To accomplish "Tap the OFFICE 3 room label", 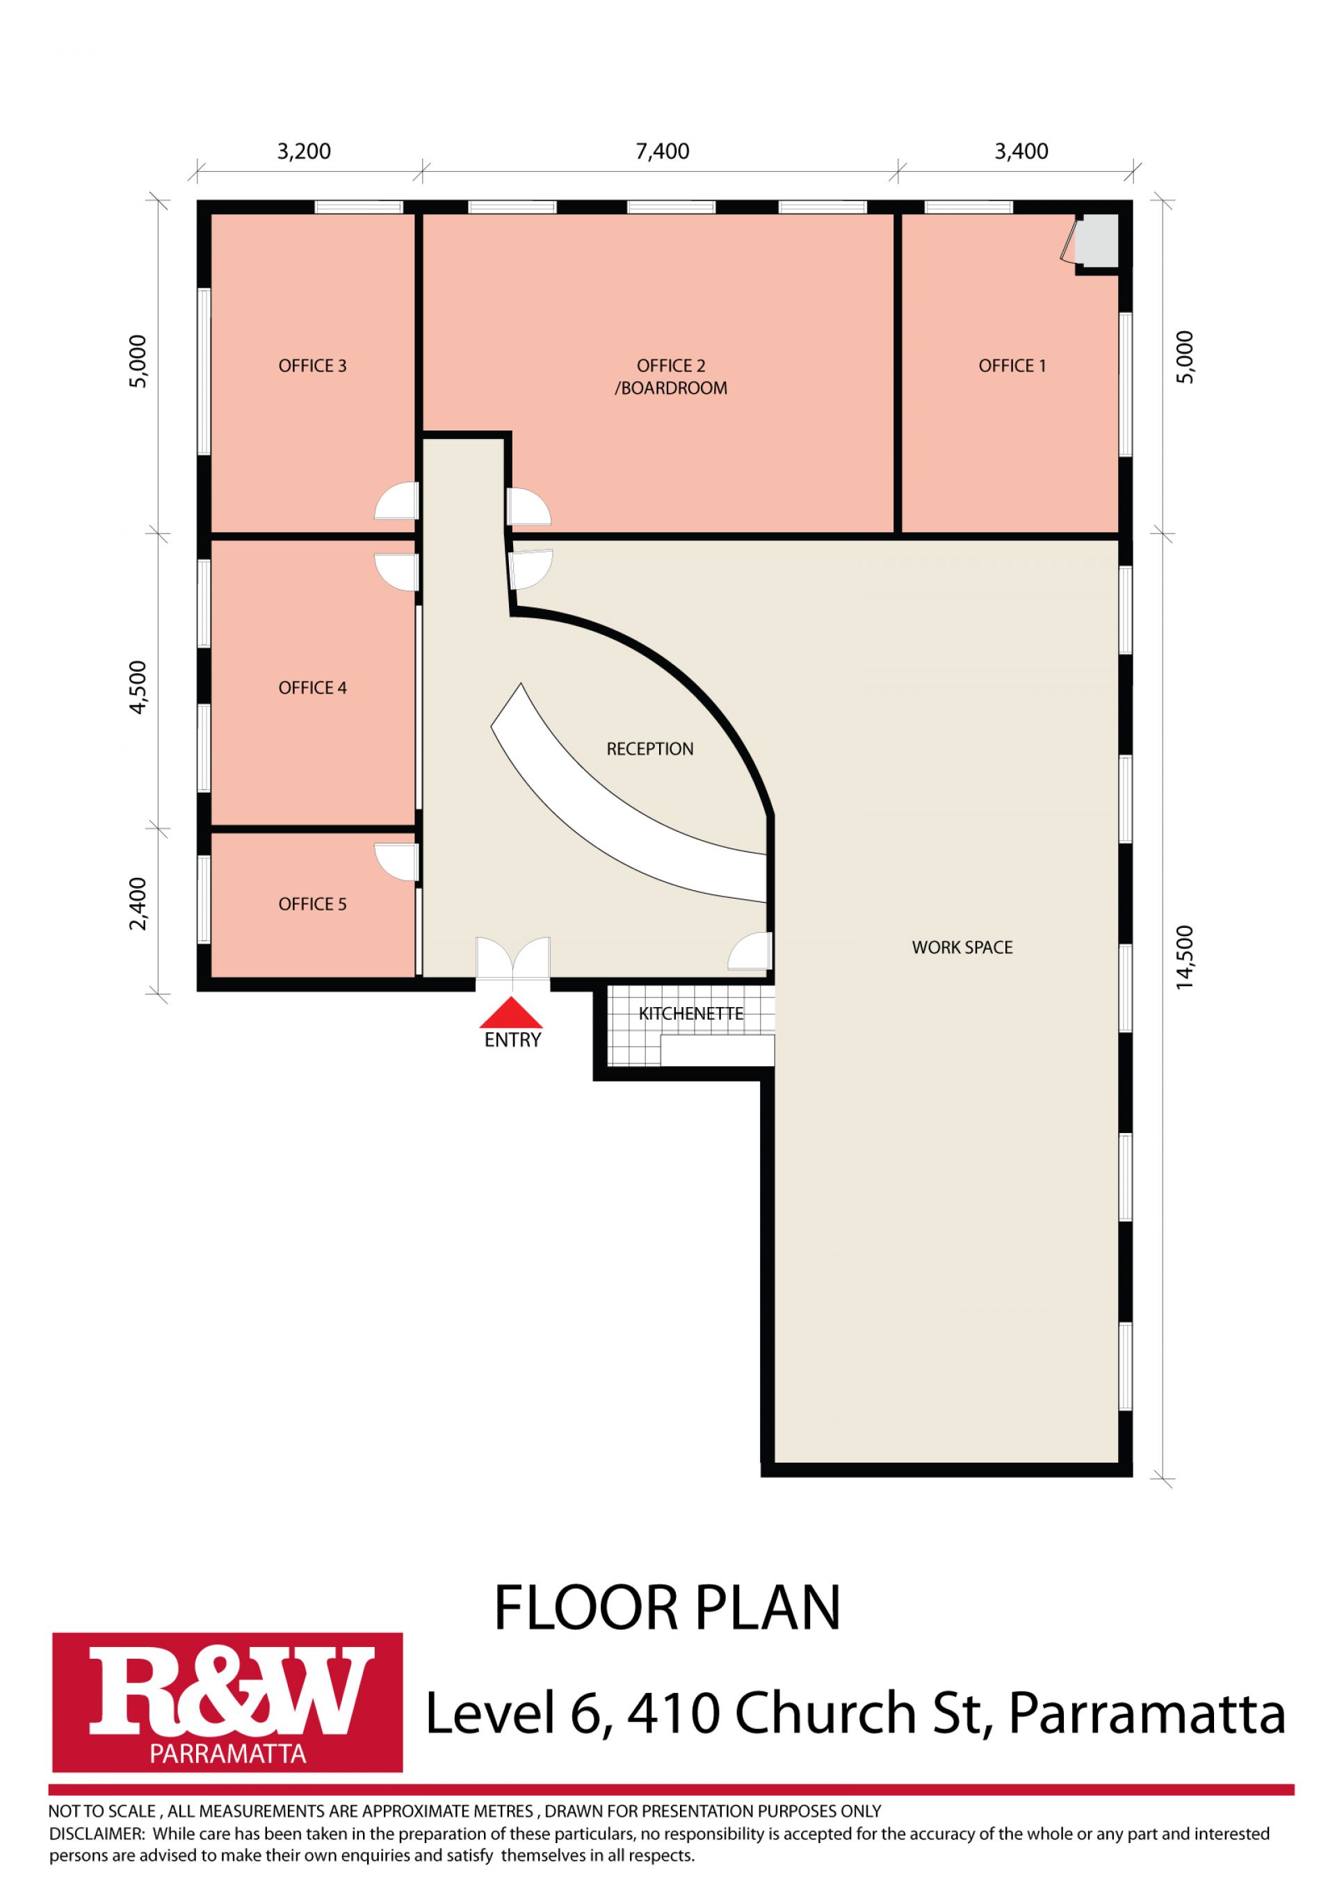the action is pos(313,366).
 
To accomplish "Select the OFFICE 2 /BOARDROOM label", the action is pos(670,377).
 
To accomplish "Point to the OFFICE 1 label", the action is pos(1012,366).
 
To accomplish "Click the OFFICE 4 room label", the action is pos(313,688).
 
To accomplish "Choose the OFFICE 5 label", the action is pos(313,904).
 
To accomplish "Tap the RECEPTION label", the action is pos(650,748).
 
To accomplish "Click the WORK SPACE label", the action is pos(962,947).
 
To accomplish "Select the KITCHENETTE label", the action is pos(691,1013).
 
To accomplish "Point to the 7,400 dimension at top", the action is pos(662,152).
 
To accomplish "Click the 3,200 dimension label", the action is pos(304,152).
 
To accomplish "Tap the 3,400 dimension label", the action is pos(1021,152).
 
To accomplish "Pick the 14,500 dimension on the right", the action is pos(1185,957).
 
